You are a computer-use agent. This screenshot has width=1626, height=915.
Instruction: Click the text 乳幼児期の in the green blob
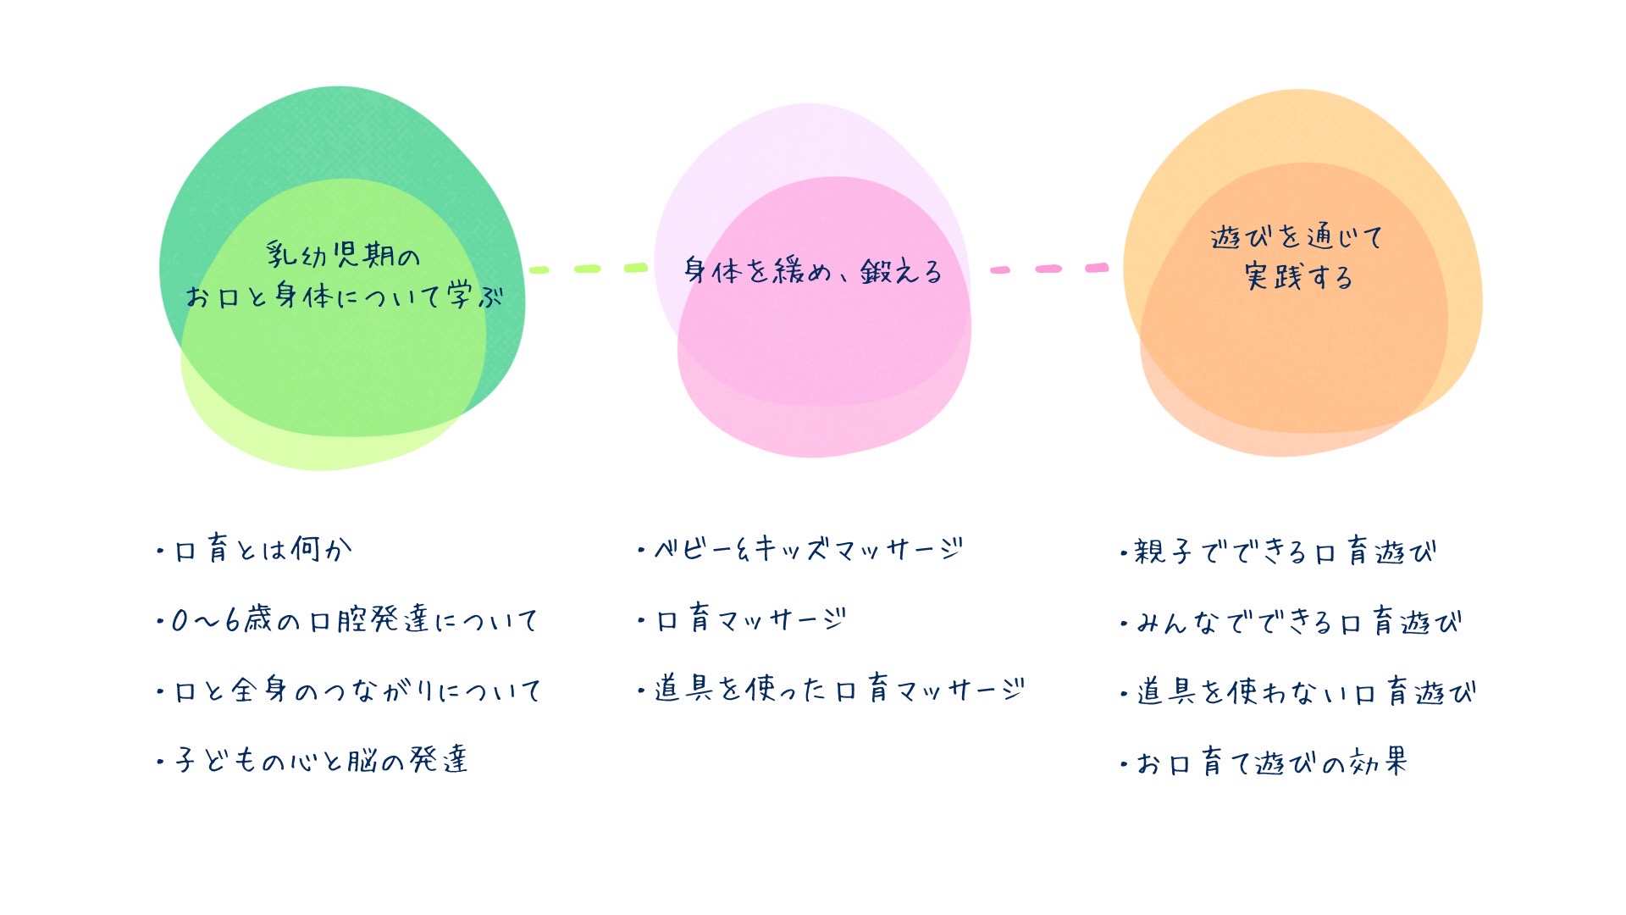tap(343, 255)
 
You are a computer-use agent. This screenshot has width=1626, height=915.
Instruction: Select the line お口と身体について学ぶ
tap(344, 297)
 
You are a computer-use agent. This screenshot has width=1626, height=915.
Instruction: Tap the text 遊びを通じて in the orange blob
tap(1296, 237)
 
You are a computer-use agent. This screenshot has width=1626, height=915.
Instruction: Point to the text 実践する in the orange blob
tap(1298, 277)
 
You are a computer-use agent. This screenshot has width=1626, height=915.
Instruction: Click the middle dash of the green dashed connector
tap(588, 269)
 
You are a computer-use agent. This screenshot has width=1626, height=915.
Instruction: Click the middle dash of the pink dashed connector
tap(1048, 269)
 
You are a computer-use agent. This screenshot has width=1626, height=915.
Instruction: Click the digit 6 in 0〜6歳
tap(231, 621)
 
